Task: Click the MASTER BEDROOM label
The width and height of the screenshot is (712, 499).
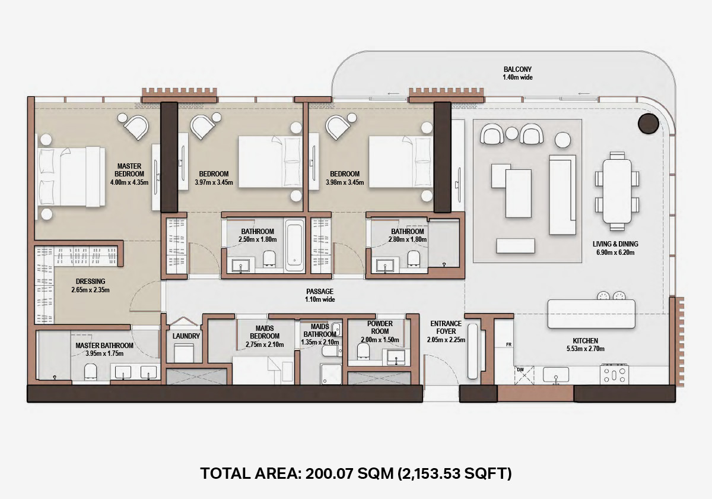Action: [x=129, y=170]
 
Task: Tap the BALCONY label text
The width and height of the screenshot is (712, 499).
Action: [x=517, y=69]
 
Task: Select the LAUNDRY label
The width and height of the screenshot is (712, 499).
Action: [x=186, y=336]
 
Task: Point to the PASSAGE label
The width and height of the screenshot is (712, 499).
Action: [x=320, y=291]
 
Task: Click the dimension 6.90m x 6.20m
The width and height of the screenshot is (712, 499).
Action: [x=615, y=252]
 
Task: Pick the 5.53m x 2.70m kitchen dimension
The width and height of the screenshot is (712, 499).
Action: [x=586, y=349]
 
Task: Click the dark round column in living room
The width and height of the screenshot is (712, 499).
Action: [x=648, y=124]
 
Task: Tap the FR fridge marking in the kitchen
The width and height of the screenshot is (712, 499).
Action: [x=509, y=345]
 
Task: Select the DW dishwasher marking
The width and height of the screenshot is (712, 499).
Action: [x=520, y=369]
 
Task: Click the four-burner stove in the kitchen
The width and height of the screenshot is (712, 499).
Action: [x=614, y=375]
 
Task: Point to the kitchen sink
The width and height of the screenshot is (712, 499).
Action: [x=556, y=375]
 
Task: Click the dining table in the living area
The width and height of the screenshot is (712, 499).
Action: [x=617, y=191]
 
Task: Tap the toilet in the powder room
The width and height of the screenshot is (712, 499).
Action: [x=363, y=351]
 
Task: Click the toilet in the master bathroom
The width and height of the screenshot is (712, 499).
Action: [x=91, y=371]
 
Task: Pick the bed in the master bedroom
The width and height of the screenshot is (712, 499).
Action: [x=71, y=176]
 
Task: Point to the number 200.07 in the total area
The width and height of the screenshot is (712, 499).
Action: [x=329, y=473]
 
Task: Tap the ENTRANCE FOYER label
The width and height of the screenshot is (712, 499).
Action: [x=446, y=327]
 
